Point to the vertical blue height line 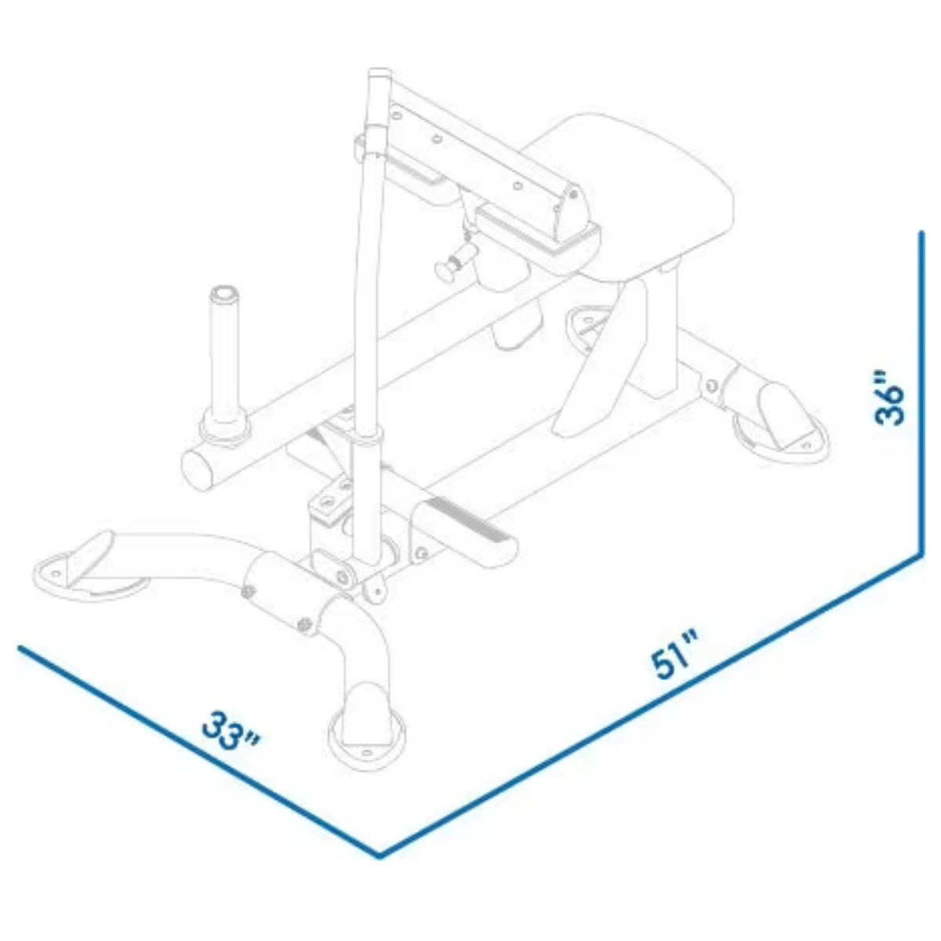point(918,392)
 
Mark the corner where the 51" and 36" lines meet point(918,555)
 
